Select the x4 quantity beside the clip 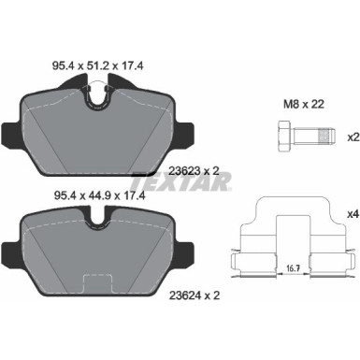[x=353, y=215]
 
